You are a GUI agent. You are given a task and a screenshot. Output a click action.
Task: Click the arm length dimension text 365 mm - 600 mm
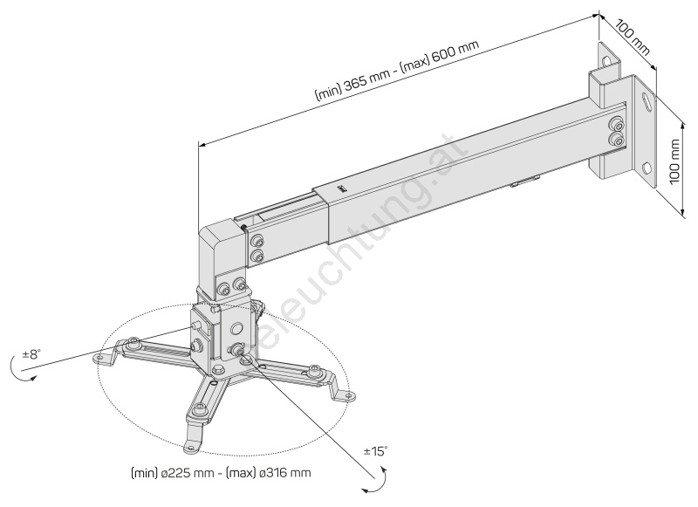[x=397, y=71]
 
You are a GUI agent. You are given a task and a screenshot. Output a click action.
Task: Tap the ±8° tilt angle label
[x=31, y=354]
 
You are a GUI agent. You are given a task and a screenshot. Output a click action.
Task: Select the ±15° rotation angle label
[x=375, y=451]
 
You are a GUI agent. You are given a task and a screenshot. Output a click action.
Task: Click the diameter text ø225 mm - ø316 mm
[x=221, y=473]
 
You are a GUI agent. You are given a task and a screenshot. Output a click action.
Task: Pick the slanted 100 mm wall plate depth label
[x=633, y=36]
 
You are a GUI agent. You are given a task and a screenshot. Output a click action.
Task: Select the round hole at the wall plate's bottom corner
[x=647, y=168]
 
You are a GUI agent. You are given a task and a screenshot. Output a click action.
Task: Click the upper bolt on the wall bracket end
[x=617, y=123]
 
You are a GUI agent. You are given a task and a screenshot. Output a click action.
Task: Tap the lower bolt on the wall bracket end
[x=617, y=139]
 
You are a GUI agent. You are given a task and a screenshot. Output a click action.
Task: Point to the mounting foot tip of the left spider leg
[x=100, y=359]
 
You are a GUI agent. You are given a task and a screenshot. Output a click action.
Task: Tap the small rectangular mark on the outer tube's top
[x=341, y=187]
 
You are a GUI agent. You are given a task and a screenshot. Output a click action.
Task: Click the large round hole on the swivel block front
[x=236, y=328]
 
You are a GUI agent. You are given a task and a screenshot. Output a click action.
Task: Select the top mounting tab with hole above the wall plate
[x=607, y=57]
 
